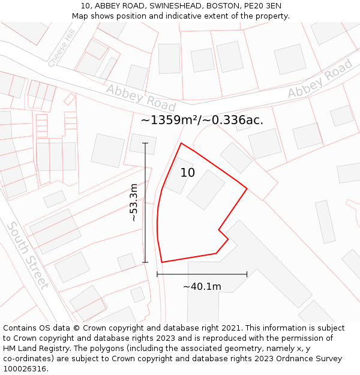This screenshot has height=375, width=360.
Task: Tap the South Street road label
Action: [x=28, y=255]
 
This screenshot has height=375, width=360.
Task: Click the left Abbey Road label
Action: [x=141, y=98]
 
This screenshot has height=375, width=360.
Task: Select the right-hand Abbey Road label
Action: [x=320, y=79]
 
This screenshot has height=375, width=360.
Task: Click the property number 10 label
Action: [x=187, y=173]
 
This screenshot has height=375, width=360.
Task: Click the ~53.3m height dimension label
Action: [x=134, y=203]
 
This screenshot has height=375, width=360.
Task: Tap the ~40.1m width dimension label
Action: [x=202, y=287]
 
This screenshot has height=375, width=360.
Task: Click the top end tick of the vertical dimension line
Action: [x=145, y=143]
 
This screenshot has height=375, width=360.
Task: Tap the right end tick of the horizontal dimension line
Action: [x=247, y=274]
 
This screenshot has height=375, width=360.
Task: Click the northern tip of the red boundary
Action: [x=181, y=143]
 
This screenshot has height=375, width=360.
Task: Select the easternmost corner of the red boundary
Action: [x=247, y=188]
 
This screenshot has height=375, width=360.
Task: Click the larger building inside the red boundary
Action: [x=206, y=190]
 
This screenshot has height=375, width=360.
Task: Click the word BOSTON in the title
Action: [x=222, y=6]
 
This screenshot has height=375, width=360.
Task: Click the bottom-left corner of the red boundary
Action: [x=162, y=262]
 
